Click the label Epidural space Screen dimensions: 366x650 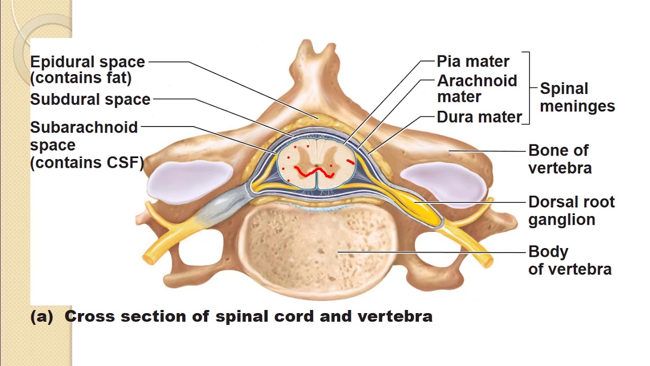click(87, 62)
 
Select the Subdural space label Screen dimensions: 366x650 click(90, 99)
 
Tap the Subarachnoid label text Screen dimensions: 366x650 click(84, 127)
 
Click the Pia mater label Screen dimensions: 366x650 click(473, 62)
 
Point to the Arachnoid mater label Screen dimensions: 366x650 click(477, 88)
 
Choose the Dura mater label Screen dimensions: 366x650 click(479, 117)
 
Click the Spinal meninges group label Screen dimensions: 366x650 click(577, 97)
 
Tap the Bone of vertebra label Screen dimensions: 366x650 click(559, 159)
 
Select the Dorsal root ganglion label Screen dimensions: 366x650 click(571, 210)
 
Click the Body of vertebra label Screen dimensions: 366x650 click(569, 260)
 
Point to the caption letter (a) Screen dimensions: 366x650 click(42, 316)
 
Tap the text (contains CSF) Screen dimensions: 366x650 click(87, 163)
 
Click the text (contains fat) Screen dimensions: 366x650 click(81, 78)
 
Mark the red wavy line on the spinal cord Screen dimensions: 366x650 click(315, 173)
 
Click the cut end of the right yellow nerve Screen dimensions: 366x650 click(487, 261)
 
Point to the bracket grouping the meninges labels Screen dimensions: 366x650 click(529, 87)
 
